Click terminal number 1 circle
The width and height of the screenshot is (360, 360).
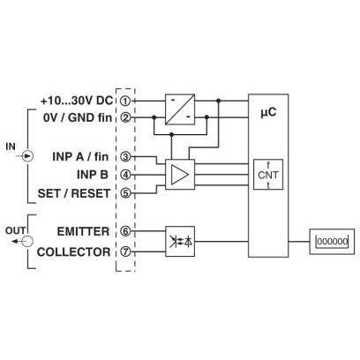[x=125, y=101]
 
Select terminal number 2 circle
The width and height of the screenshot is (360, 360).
[x=125, y=117]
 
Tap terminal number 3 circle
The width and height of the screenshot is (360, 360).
[x=125, y=157]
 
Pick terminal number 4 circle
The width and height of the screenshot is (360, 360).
[x=125, y=175]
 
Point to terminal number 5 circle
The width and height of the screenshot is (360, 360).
[x=125, y=193]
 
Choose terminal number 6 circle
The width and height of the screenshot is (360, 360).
[x=125, y=231]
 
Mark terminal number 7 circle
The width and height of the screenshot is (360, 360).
[x=125, y=251]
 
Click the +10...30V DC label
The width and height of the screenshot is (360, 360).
[x=77, y=101]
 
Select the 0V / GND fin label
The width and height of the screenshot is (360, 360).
[x=78, y=117]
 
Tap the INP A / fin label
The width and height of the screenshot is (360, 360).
[x=80, y=156]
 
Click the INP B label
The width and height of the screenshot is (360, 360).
[x=93, y=175]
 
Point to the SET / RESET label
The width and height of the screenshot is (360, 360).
[x=74, y=193]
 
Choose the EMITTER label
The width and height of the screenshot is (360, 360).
[x=83, y=231]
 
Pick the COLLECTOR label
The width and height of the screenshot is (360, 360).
[x=74, y=252]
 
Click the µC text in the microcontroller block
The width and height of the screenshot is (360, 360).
[x=268, y=112]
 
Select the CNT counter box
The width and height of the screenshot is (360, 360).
[x=268, y=175]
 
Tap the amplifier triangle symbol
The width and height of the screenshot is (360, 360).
[x=180, y=175]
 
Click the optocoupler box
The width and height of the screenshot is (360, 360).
[x=180, y=241]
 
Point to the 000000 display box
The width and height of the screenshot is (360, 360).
[x=332, y=242]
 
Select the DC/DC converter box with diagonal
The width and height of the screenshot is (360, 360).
[x=180, y=109]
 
